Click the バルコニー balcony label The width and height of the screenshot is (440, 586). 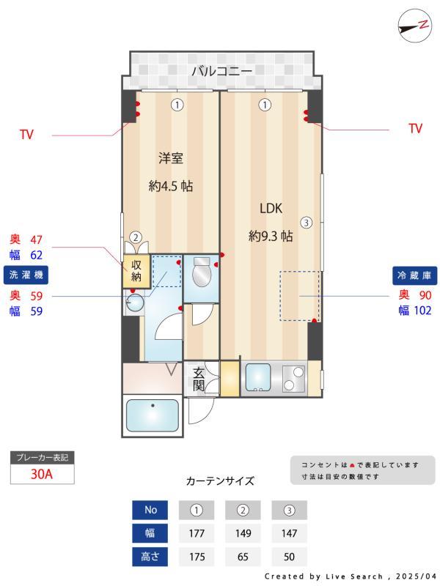coord(221,71)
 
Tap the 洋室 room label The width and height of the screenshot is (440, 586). coord(171,157)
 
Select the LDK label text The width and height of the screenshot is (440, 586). coord(271,207)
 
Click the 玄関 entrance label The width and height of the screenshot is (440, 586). coord(199,379)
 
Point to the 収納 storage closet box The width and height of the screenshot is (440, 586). coord(136,270)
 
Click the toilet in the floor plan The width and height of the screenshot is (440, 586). coord(199,274)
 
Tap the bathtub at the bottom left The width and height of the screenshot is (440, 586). coord(153,415)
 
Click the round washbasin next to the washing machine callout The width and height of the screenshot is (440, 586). coord(133,305)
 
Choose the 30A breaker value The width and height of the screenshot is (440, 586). coord(42,474)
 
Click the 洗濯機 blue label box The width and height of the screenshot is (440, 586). coord(27,275)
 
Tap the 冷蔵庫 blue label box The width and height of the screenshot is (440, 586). coord(414,275)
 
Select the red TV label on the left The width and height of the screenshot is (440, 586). coord(26,135)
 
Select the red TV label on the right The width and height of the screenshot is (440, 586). coord(415,129)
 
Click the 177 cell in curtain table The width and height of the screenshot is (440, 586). coord(197,533)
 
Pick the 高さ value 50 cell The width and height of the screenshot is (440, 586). coord(289,557)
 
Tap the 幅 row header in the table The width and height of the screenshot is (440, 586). coord(150,533)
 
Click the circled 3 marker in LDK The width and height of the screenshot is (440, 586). coord(307,223)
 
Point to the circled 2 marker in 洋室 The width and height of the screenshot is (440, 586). coord(136,237)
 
